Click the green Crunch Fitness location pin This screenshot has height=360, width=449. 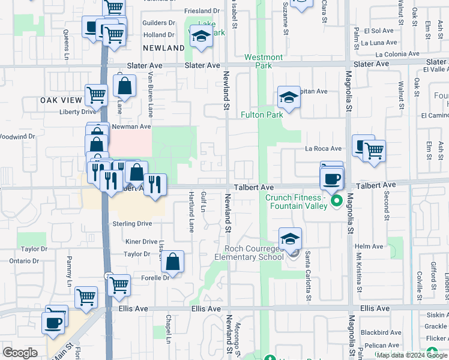(337, 200)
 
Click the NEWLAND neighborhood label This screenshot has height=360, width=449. (164, 48)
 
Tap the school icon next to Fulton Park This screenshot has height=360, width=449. (289, 98)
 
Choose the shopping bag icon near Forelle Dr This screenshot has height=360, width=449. (172, 262)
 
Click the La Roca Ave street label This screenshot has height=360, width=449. (323, 149)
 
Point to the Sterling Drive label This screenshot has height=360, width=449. (132, 224)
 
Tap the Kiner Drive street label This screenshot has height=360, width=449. (141, 242)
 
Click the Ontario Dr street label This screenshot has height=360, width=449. (24, 261)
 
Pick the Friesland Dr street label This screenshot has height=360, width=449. (202, 11)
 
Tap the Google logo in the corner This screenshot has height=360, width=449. (20, 353)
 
